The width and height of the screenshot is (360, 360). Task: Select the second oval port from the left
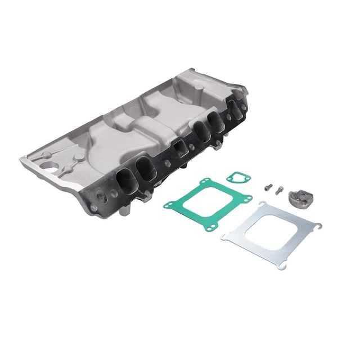(143, 167)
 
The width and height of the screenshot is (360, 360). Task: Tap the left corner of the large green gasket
(166, 205)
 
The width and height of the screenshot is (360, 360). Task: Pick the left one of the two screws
(268, 186)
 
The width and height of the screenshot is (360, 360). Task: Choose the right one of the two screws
(277, 190)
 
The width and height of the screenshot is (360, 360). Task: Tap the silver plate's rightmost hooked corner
(318, 226)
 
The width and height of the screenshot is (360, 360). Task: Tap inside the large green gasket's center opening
(209, 202)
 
